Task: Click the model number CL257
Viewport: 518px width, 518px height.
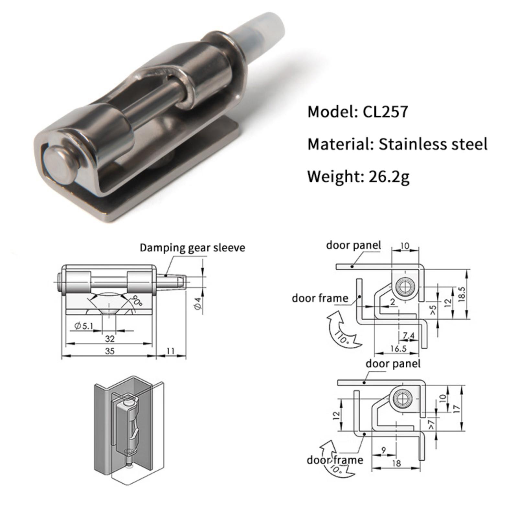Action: pyautogui.click(x=385, y=112)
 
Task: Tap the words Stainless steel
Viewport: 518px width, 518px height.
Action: pyautogui.click(x=433, y=144)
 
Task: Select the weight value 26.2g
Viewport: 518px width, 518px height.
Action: pyautogui.click(x=389, y=176)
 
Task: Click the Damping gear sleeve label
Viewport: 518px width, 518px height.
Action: pyautogui.click(x=192, y=248)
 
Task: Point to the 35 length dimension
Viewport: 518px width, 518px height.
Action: pyautogui.click(x=109, y=351)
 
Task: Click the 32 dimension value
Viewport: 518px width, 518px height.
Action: pyautogui.click(x=110, y=339)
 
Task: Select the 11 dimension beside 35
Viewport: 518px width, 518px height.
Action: pyautogui.click(x=171, y=351)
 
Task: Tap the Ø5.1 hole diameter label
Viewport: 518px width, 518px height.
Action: pyautogui.click(x=84, y=326)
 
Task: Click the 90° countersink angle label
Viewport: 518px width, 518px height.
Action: pyautogui.click(x=136, y=301)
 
